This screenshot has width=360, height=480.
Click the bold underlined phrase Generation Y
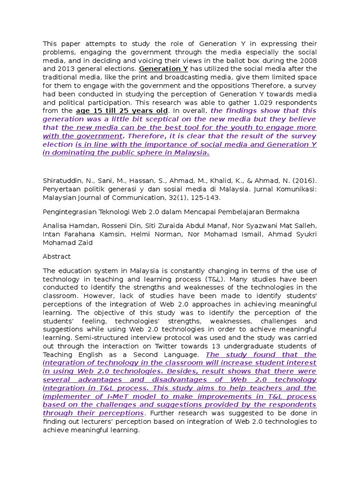163,69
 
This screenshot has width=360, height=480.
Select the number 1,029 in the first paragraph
254,103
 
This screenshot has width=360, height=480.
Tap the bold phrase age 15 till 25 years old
121,111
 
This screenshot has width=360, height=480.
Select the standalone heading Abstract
57,257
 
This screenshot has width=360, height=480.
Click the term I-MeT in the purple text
137,397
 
